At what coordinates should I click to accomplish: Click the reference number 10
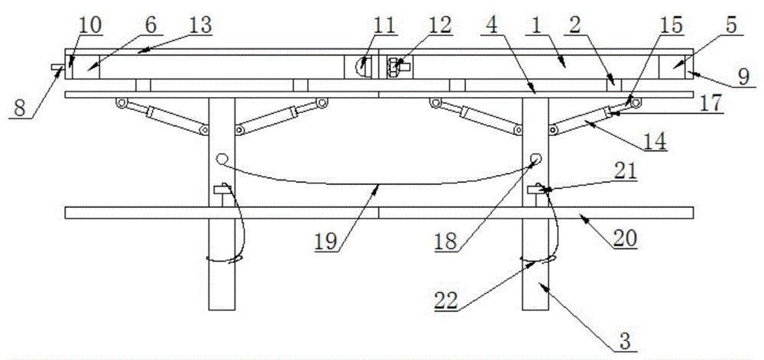(90, 25)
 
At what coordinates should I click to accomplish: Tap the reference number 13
(199, 25)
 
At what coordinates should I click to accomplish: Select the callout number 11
(384, 25)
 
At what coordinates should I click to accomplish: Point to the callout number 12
(438, 25)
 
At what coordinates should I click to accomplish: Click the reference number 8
(20, 108)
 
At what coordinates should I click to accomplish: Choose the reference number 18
(446, 242)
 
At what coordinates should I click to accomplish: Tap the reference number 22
(447, 300)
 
